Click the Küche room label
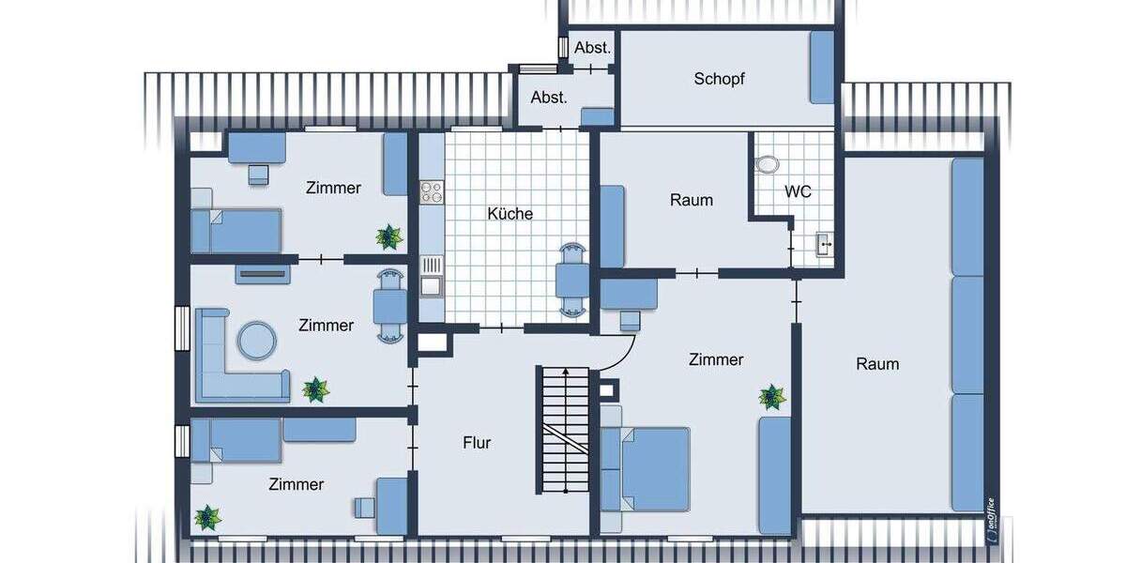click(x=510, y=214)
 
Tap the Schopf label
click(x=719, y=79)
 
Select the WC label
click(x=798, y=191)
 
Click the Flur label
click(x=477, y=443)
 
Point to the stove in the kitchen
click(x=431, y=192)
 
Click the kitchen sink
click(x=431, y=284)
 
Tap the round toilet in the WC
click(x=767, y=163)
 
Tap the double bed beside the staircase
click(x=647, y=469)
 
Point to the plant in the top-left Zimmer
click(x=387, y=237)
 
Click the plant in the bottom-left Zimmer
click(x=206, y=516)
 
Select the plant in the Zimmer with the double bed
click(x=772, y=397)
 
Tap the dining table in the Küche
click(x=571, y=281)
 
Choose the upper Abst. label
click(x=593, y=47)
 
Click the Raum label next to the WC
click(x=692, y=200)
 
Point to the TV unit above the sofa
click(x=262, y=274)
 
